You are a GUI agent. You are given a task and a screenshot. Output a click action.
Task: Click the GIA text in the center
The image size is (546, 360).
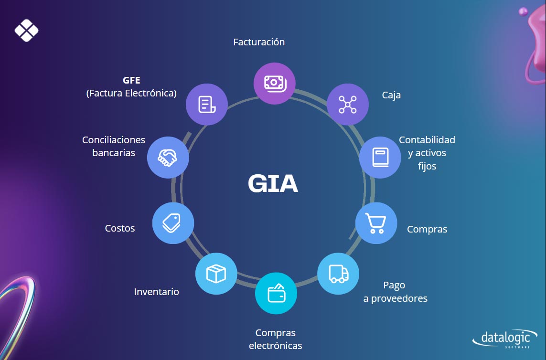pos(273,184)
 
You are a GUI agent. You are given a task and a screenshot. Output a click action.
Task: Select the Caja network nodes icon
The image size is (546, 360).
pos(347,104)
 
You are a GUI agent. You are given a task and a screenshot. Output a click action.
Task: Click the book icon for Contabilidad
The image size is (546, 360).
pos(380,158)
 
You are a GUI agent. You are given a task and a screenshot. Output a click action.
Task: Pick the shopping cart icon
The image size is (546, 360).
pos(376,223)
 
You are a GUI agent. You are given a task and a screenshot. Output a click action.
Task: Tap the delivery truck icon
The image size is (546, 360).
pos(338,274)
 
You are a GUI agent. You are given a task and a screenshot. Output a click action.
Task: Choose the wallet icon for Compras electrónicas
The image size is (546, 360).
pos(276,293)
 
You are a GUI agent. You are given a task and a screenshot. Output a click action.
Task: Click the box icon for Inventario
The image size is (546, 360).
pos(216,274)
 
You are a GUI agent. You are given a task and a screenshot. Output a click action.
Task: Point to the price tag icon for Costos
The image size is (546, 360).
pos(173,223)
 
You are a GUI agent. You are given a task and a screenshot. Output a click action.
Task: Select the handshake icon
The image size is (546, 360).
pos(168,157)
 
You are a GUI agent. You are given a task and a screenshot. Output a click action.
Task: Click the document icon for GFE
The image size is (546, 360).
pos(206,104)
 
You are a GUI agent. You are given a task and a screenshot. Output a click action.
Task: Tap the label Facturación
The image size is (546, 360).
pos(259,42)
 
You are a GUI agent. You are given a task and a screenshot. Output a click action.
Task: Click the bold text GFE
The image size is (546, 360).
pos(131,80)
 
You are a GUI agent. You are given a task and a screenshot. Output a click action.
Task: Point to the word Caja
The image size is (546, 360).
pos(391,95)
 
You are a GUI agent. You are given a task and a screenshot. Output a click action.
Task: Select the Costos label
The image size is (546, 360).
pos(120,228)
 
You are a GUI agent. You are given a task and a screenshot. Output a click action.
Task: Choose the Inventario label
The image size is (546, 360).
pos(157,291)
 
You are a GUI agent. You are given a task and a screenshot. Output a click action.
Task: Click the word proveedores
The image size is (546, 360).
pos(399,299)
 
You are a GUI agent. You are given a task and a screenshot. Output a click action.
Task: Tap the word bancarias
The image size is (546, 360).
pos(114,153)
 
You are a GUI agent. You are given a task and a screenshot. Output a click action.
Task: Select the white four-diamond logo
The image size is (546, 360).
pos(26,31)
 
